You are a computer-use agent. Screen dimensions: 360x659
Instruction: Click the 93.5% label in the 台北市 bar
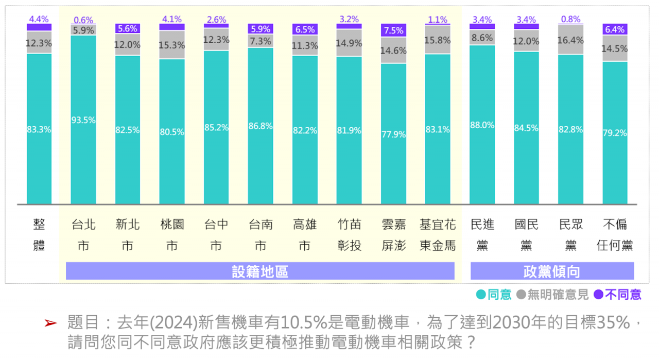click(x=83, y=120)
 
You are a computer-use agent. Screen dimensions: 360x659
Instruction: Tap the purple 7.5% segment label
click(x=393, y=30)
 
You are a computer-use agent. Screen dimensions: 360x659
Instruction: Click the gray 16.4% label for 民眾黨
click(x=570, y=40)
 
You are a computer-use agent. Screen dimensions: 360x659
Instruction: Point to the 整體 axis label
click(x=39, y=235)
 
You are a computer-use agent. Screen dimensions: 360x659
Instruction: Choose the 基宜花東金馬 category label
click(x=438, y=235)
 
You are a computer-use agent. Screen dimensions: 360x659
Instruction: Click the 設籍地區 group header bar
click(x=260, y=271)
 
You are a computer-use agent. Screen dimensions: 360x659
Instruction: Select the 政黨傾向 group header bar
click(x=552, y=271)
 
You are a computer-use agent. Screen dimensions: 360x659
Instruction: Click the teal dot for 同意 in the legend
click(x=481, y=295)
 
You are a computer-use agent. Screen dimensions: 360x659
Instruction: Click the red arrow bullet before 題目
click(x=50, y=323)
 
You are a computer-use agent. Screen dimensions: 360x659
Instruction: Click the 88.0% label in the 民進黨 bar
click(x=482, y=125)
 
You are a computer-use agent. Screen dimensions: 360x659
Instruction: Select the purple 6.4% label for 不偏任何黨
click(x=615, y=29)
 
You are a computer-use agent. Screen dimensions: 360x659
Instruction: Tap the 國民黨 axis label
click(x=526, y=235)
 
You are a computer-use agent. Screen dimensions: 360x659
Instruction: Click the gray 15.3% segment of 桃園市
click(x=172, y=45)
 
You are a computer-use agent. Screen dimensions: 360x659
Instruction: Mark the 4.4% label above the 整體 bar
click(x=39, y=20)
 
